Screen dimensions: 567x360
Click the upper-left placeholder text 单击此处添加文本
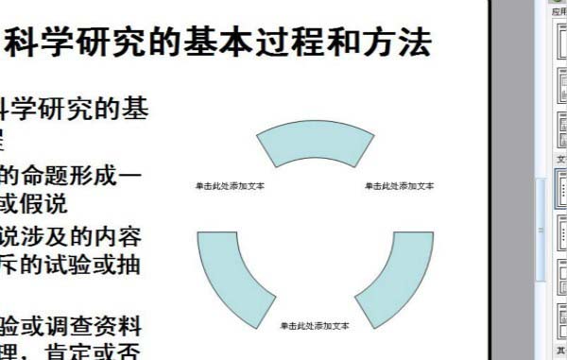click(x=230, y=186)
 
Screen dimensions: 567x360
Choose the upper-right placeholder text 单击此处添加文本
click(x=400, y=186)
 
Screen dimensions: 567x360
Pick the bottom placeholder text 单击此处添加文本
click(x=315, y=326)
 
